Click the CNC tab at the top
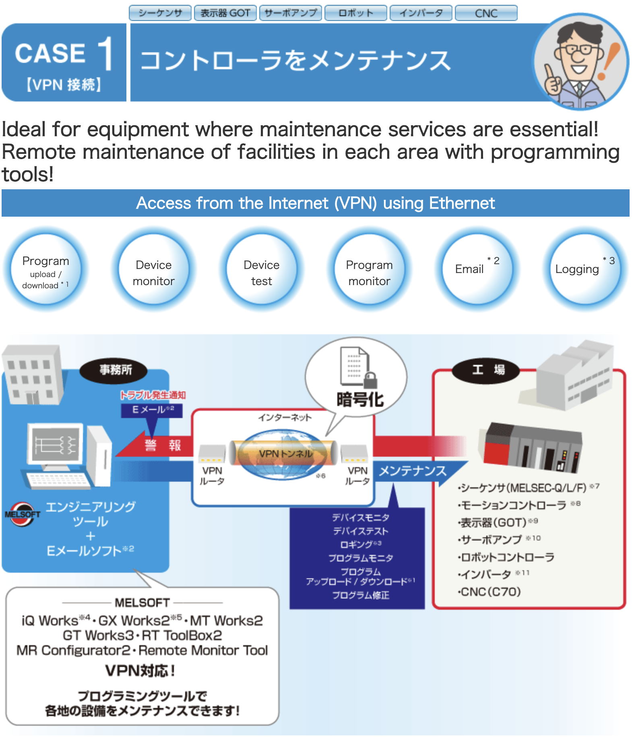pos(486,13)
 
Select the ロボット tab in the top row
pos(355,13)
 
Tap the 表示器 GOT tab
pos(225,13)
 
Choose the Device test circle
pos(261,269)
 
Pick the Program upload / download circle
pos(45,269)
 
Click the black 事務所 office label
pos(115,370)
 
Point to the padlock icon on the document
pos(370,380)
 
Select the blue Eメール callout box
pos(152,410)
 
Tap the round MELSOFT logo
pos(23,514)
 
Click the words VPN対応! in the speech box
pos(140,671)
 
